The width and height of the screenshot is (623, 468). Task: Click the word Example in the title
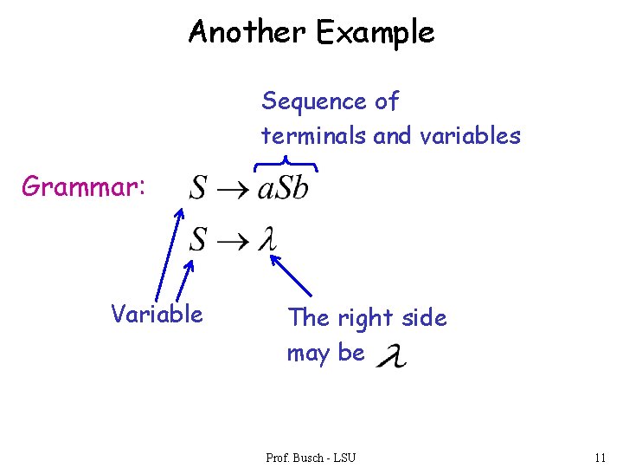coord(375,32)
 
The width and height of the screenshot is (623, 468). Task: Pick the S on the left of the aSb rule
coord(198,188)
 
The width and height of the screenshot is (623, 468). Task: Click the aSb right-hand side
coord(283,188)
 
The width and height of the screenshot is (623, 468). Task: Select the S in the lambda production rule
coord(198,239)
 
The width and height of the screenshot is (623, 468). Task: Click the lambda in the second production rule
coord(269,239)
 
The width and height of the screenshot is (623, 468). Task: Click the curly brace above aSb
coord(285,163)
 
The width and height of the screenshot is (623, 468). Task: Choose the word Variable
coord(157,314)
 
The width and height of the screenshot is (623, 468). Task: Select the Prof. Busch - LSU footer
coord(311,457)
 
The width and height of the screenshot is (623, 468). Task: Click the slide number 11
coord(600,457)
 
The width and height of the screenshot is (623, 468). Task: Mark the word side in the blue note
coord(424,318)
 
